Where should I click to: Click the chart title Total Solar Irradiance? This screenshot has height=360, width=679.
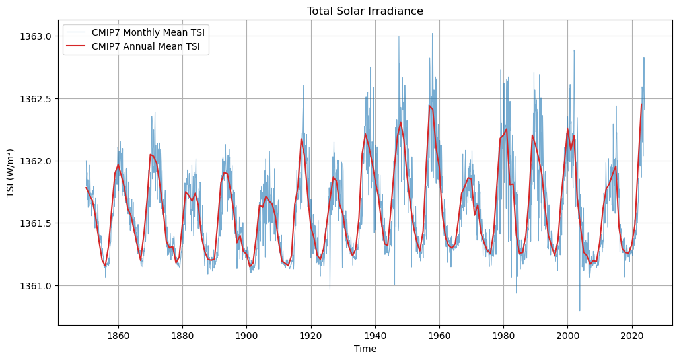pos(365,11)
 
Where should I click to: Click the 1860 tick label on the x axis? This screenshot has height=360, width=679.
pos(118,335)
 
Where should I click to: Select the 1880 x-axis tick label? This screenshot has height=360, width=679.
pos(182,335)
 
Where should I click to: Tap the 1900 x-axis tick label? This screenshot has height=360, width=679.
pos(246,335)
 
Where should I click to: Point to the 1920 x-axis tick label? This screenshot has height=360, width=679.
pos(311,335)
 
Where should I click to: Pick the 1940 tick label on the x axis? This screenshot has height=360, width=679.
pos(375,335)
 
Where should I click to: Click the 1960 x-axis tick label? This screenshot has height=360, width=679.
pos(439,335)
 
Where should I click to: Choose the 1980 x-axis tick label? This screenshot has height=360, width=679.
pos(503,335)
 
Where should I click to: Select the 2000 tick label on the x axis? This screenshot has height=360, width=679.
pos(567,335)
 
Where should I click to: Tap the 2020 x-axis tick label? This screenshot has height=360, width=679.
pos(632,335)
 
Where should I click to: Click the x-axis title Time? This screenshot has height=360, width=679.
pos(365,349)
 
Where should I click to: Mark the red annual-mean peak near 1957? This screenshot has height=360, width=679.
pos(429,106)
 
